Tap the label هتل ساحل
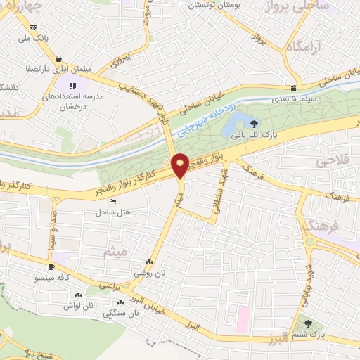tap(112, 211)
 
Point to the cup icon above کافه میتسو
tap(51, 268)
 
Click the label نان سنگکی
tap(118, 314)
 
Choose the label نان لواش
tap(79, 307)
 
